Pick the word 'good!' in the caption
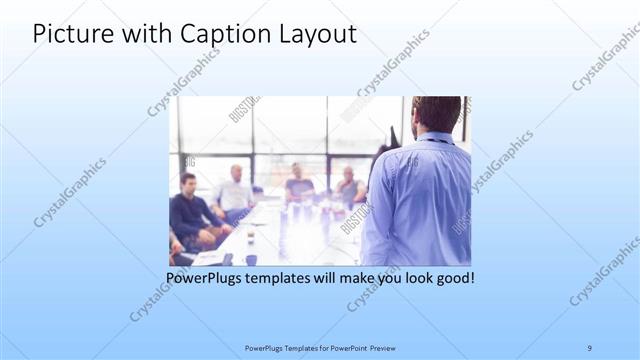453,277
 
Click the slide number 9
590,347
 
